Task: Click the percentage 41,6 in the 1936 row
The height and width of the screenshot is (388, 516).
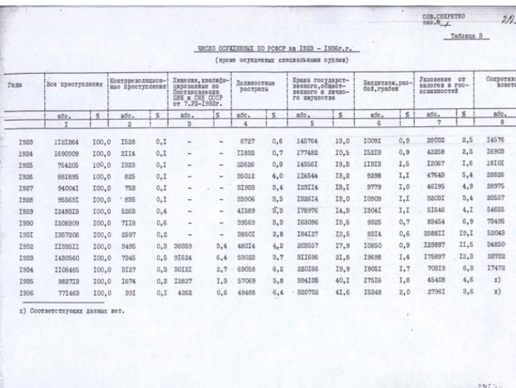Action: point(341,292)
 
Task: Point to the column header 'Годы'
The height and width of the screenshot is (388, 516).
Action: point(15,86)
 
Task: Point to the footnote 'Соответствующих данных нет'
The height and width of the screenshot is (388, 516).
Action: point(70,311)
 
